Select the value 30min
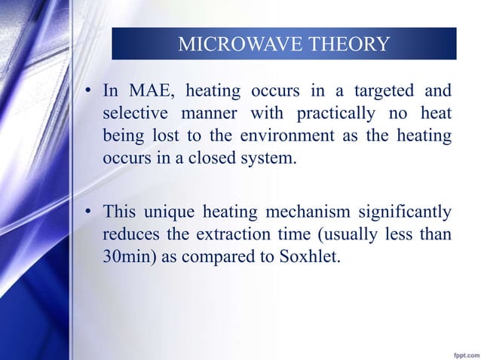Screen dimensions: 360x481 [125, 257]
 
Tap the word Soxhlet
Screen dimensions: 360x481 [310, 257]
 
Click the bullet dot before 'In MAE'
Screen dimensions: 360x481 [88, 93]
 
